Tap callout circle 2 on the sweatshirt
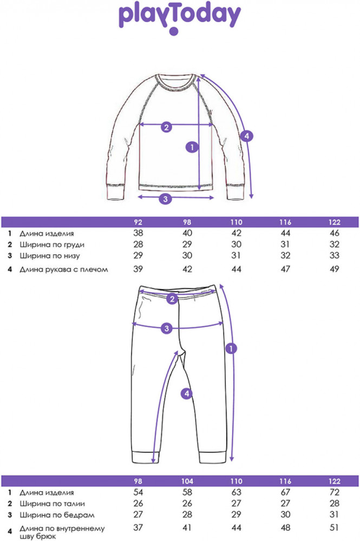[166, 127]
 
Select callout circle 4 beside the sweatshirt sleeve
[247, 136]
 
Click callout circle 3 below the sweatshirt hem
[165, 199]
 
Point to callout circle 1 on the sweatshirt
[192, 147]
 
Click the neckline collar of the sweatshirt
[176, 82]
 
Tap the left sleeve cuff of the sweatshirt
[116, 193]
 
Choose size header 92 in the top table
[138, 222]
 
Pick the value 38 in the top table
[138, 233]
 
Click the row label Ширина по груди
[52, 245]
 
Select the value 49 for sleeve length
[334, 269]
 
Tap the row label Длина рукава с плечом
[63, 269]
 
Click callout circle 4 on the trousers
[187, 393]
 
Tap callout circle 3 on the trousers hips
[167, 328]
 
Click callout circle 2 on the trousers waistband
[172, 299]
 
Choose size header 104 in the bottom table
[187, 481]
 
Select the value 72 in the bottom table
[335, 492]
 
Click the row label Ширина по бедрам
[57, 515]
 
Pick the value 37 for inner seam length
[138, 527]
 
